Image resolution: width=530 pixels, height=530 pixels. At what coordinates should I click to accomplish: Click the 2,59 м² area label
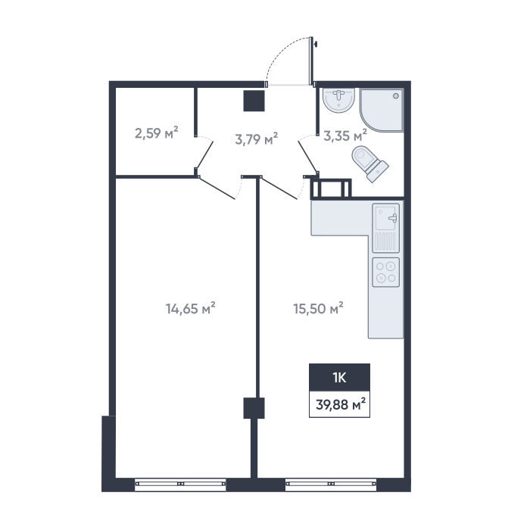click(x=156, y=132)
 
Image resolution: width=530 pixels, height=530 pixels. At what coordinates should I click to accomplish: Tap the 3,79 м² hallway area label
click(x=256, y=139)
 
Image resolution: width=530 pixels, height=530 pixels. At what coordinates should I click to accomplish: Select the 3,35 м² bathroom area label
click(x=345, y=136)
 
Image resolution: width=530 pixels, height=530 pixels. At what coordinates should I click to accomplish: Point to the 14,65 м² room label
click(x=190, y=308)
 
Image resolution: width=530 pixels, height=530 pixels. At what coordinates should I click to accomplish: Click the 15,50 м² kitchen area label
click(x=318, y=308)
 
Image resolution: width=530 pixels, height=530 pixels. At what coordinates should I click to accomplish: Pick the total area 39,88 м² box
click(x=339, y=404)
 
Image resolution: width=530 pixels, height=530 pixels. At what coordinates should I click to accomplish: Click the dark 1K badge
click(x=339, y=378)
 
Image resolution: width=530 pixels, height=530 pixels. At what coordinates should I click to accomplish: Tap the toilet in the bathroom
click(x=369, y=164)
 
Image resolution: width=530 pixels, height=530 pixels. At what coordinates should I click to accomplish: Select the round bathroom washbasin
click(x=338, y=100)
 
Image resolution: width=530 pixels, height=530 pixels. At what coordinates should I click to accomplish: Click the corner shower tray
click(x=382, y=110)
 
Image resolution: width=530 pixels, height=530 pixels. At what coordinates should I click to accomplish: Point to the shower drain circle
click(x=396, y=96)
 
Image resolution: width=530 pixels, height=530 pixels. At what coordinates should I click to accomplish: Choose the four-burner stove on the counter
click(x=385, y=273)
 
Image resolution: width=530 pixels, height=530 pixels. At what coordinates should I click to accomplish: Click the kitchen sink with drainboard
click(x=385, y=228)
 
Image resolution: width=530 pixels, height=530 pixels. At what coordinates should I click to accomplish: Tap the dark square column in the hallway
click(x=254, y=101)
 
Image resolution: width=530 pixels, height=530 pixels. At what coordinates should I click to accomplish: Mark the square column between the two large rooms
click(x=254, y=408)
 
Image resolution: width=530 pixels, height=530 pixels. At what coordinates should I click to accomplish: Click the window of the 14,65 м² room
click(x=180, y=484)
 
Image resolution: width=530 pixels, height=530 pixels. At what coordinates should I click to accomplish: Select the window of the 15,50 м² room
click(x=331, y=484)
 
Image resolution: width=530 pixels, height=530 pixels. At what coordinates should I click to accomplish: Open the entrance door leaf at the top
click(x=311, y=61)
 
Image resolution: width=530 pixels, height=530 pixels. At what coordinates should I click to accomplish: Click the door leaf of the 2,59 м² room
click(x=205, y=154)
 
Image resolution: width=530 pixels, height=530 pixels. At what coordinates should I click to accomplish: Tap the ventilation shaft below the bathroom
click(x=332, y=189)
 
